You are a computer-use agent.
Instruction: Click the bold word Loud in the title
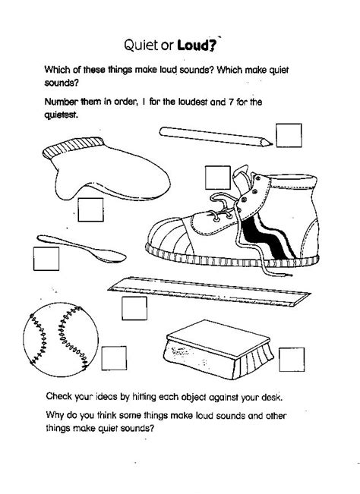point(195,46)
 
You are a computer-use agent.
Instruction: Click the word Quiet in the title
point(141,46)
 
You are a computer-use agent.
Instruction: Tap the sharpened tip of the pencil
point(271,143)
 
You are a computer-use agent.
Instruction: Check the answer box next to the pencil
point(289,136)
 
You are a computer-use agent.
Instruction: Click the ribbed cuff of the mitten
point(73,147)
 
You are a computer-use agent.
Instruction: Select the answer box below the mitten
point(91,210)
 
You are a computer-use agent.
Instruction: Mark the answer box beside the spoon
point(46,259)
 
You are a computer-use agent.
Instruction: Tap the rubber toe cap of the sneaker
point(169,234)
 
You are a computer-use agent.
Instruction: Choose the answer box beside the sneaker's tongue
point(218,178)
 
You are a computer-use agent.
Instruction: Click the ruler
point(209,291)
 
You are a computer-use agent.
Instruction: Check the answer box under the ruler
point(134,308)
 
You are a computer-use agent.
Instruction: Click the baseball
point(61,340)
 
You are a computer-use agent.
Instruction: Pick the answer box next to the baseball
point(114,358)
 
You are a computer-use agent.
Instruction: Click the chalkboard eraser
point(219,350)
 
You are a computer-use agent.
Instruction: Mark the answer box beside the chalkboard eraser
point(292,360)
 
